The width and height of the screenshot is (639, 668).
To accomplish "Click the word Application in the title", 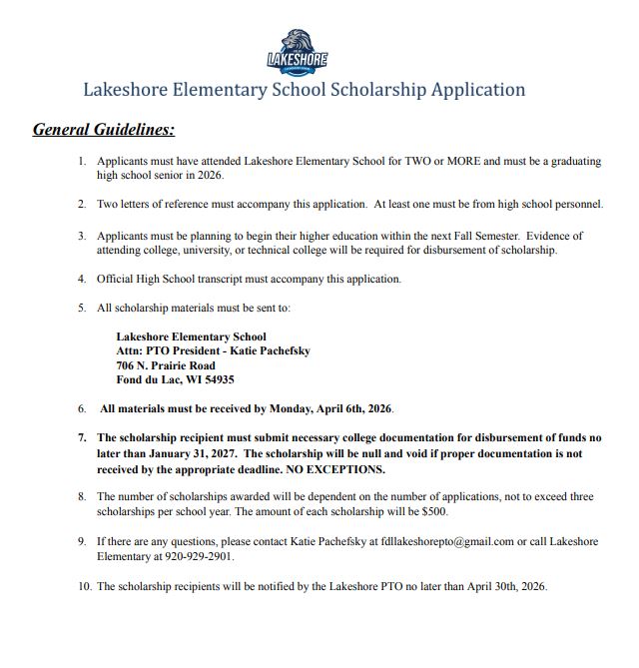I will (477, 90).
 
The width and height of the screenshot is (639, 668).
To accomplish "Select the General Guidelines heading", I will (104, 130).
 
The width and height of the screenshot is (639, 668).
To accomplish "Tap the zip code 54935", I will (220, 379).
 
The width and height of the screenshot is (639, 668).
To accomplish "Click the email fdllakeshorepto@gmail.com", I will (440, 541).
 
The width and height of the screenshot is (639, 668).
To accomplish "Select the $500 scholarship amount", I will (433, 511).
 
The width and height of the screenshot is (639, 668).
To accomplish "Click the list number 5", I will (82, 309).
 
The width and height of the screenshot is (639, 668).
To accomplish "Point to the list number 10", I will (84, 586).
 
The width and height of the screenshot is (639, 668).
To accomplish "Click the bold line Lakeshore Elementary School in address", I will (191, 336).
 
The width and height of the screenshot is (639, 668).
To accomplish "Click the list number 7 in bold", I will (82, 438).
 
